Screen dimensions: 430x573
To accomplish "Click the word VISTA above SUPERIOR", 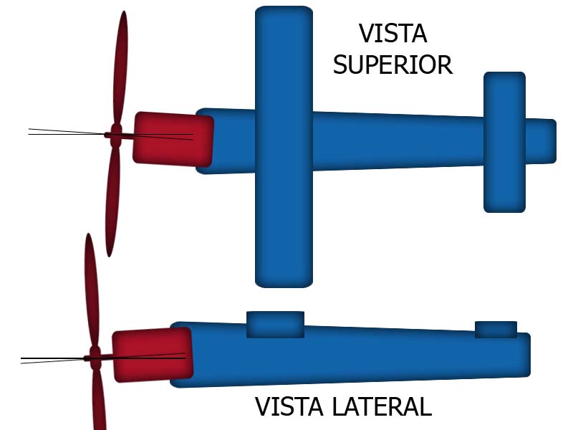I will (393, 34).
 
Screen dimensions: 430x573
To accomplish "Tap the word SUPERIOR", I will (393, 65).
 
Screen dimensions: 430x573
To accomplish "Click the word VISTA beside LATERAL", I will (289, 407).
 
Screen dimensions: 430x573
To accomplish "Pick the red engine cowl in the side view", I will (153, 355).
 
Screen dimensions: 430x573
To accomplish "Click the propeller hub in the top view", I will (115, 135).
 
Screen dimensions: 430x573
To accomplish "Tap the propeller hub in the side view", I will (94, 357).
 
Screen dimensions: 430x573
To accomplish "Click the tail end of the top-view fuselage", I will (547, 140).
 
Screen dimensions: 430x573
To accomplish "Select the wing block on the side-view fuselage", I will (275, 324).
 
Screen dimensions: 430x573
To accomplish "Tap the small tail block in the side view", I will (496, 329).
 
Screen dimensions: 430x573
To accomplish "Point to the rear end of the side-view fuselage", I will (523, 355).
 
